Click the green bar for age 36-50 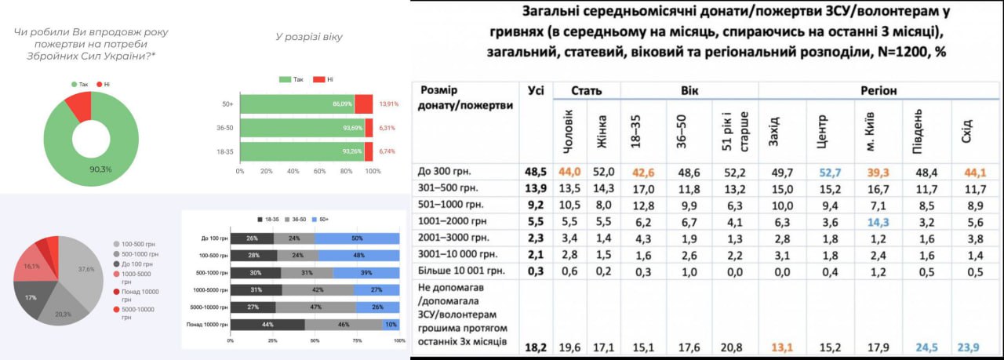[x=301, y=127]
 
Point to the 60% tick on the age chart [x=319, y=171]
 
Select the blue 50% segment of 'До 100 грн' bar [x=357, y=238]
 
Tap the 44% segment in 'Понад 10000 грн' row [x=267, y=325]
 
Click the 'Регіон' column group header [x=878, y=90]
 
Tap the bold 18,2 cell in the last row [x=535, y=346]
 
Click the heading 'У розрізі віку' [x=308, y=37]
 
